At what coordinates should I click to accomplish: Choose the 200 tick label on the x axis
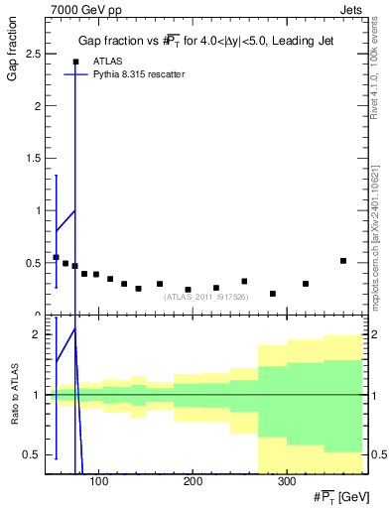192,483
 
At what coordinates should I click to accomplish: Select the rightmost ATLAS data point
343,261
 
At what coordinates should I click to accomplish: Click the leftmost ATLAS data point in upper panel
56,257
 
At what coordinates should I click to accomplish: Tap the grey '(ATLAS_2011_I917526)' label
205,296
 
